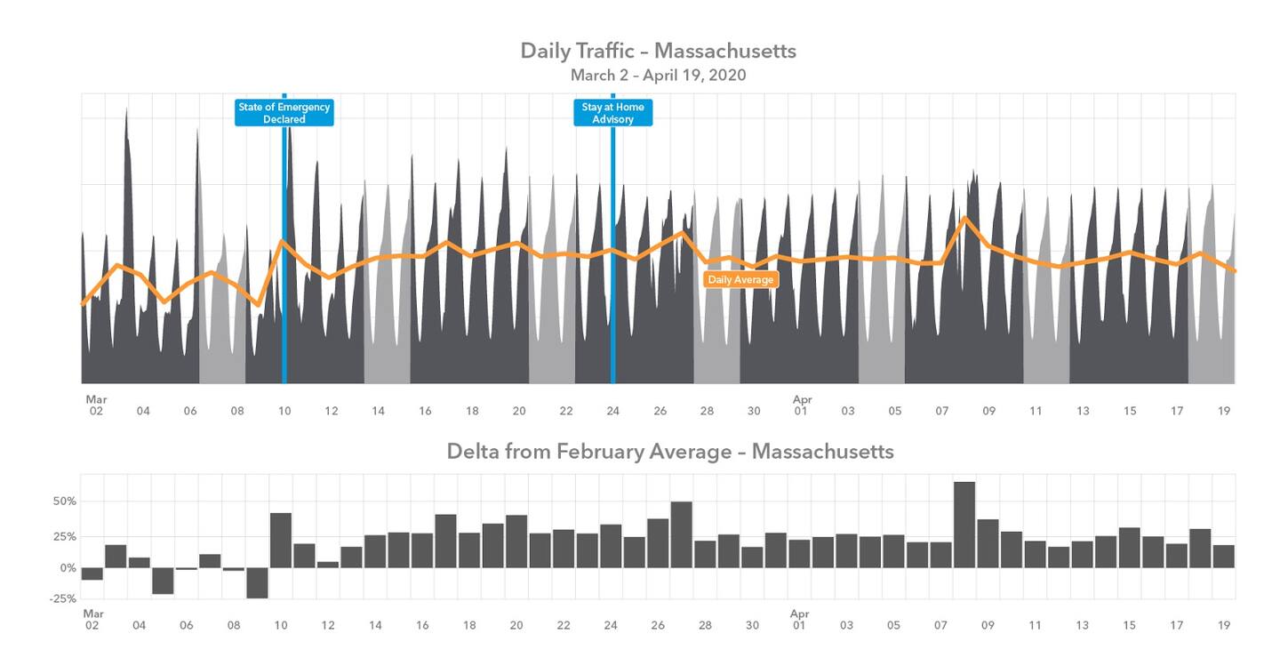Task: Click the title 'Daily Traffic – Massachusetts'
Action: click(658, 51)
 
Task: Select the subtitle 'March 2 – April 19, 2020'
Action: click(658, 76)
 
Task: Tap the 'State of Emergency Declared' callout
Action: click(284, 113)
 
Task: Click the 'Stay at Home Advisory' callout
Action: click(612, 113)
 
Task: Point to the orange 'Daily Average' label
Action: click(740, 279)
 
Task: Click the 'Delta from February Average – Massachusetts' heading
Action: click(670, 451)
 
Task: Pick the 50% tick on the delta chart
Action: click(65, 502)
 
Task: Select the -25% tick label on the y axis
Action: click(62, 598)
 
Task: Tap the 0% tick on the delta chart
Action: click(68, 567)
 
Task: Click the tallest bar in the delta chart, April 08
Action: click(964, 525)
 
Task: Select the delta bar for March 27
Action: click(682, 534)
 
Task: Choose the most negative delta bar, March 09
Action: click(258, 582)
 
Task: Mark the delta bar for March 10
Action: click(281, 540)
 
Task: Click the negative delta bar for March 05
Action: click(163, 581)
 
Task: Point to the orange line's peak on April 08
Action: click(964, 217)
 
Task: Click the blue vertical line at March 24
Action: click(612, 267)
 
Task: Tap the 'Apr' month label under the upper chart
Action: click(802, 400)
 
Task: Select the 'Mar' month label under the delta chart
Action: click(93, 614)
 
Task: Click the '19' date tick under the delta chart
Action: click(1224, 625)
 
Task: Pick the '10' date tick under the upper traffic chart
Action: click(284, 411)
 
